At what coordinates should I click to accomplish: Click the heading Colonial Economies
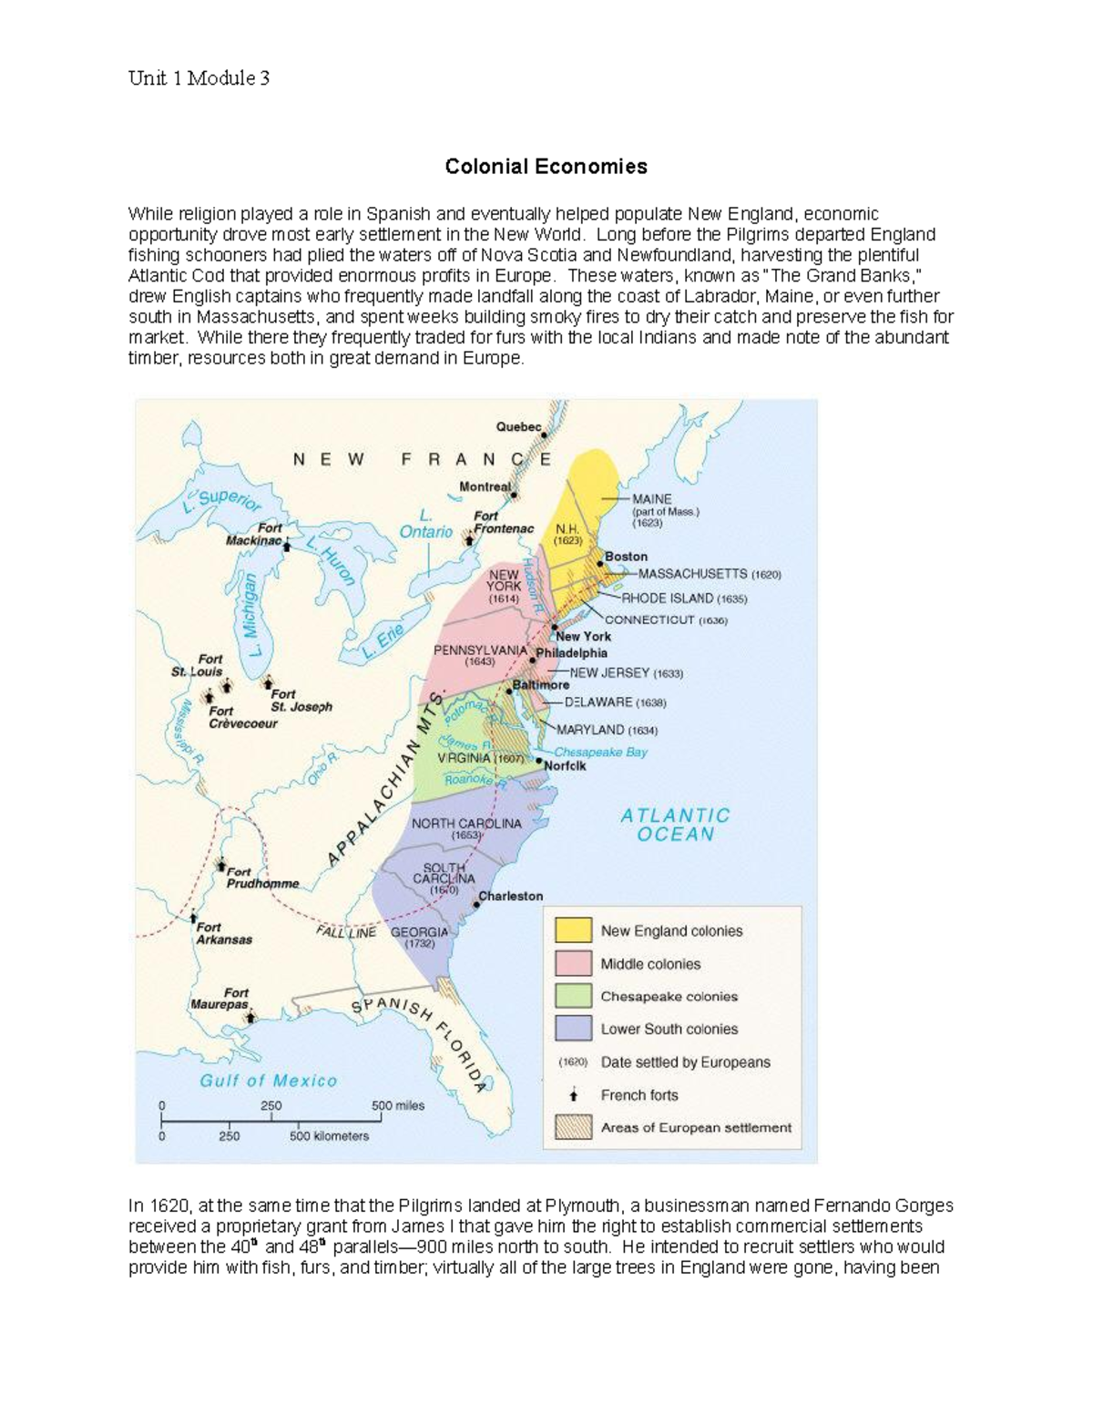[x=546, y=167]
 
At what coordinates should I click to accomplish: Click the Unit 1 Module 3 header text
[x=199, y=78]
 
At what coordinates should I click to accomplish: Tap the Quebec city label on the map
[x=518, y=426]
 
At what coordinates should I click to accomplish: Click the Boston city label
[x=627, y=556]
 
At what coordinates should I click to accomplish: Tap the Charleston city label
[x=511, y=896]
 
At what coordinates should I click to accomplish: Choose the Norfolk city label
[x=565, y=766]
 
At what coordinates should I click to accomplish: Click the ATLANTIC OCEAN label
[x=675, y=825]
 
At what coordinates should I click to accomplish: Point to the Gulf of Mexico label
[x=269, y=1081]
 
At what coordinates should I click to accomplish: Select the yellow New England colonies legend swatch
[x=573, y=930]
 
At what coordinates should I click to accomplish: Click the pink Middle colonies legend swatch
[x=573, y=963]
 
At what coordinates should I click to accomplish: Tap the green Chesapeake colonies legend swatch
[x=573, y=996]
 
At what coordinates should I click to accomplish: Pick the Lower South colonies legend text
[x=669, y=1029]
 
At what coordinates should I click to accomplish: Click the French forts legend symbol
[x=573, y=1095]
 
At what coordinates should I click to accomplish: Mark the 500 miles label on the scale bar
[x=398, y=1105]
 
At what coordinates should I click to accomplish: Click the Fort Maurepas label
[x=220, y=999]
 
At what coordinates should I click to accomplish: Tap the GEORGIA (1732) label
[x=419, y=938]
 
